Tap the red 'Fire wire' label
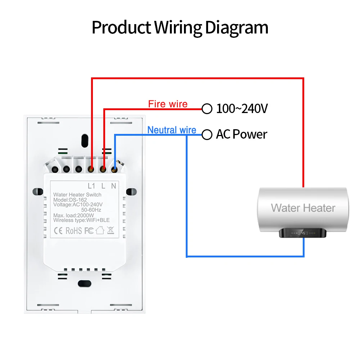click(x=168, y=104)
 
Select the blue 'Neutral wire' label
click(x=172, y=130)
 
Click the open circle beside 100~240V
click(x=207, y=109)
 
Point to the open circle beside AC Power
click(x=207, y=135)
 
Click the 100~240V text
click(x=242, y=109)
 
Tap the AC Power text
click(x=242, y=135)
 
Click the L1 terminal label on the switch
click(x=91, y=186)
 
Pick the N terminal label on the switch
click(x=113, y=186)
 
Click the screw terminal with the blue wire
click(x=114, y=169)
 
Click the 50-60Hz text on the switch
click(x=91, y=210)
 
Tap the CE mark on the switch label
click(x=58, y=231)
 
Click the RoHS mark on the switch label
click(x=74, y=231)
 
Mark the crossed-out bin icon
click(x=110, y=230)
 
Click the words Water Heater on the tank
click(x=303, y=208)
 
